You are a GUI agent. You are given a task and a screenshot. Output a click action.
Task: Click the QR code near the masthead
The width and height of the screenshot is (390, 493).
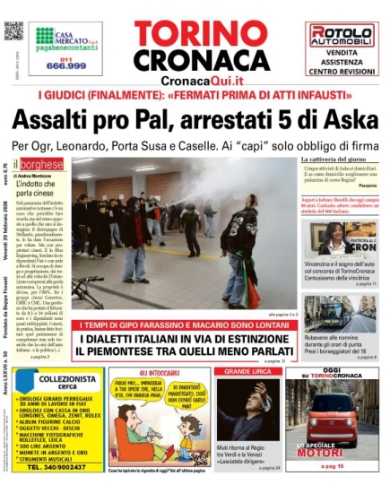[13, 31]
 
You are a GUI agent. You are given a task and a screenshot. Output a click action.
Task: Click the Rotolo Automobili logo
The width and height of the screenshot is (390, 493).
[341, 37]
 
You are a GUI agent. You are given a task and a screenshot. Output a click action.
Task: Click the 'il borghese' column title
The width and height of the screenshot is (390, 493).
[39, 164]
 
